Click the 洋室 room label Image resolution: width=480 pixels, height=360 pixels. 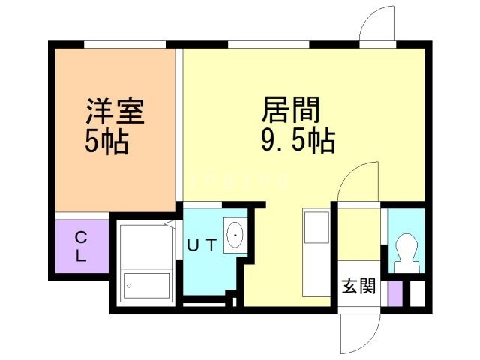115,111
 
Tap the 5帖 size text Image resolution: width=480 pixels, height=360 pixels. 106,142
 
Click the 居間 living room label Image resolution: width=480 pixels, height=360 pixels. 291,109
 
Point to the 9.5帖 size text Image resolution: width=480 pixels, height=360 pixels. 298,141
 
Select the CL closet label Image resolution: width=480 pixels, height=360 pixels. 81,246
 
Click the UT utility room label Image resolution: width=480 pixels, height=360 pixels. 202,244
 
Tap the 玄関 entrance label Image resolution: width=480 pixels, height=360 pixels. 358,286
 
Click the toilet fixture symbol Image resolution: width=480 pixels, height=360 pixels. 406,253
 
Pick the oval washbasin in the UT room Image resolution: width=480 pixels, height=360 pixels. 235,235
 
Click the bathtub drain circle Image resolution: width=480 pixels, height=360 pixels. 129,286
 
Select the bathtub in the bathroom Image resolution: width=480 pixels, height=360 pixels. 146,286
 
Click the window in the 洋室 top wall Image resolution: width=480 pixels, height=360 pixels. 125,45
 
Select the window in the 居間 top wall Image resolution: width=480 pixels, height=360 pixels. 268,45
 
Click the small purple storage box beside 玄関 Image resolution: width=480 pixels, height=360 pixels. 395,293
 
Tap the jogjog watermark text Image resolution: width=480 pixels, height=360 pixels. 239,181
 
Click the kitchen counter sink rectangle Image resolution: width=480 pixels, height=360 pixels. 316,226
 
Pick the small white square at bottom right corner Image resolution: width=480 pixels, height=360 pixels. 418,293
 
